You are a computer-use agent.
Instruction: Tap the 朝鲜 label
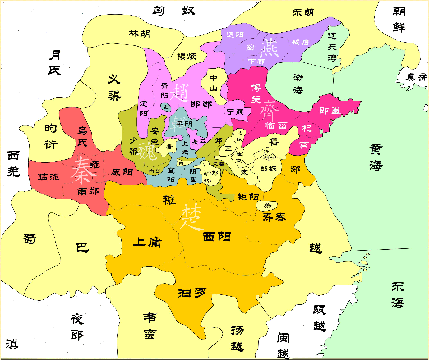click(399, 19)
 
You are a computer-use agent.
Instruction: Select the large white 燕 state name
click(269, 48)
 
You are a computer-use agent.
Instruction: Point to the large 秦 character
click(81, 170)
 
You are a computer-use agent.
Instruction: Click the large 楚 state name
click(191, 216)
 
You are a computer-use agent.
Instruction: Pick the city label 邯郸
click(201, 104)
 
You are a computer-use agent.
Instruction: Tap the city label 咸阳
click(122, 172)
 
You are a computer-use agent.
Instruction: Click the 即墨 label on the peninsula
click(330, 111)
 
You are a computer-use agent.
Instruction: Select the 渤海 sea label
click(298, 84)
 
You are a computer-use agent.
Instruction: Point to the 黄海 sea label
click(376, 157)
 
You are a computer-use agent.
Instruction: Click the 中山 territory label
click(213, 83)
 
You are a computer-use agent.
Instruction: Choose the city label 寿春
click(274, 217)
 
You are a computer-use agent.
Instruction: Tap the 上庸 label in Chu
click(147, 242)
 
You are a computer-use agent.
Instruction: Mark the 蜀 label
click(30, 239)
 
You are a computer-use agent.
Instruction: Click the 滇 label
click(12, 344)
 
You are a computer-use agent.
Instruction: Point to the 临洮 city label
click(48, 177)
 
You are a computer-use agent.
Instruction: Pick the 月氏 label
click(55, 63)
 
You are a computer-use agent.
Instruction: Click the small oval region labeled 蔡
click(267, 205)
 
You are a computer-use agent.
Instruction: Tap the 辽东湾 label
click(332, 47)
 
